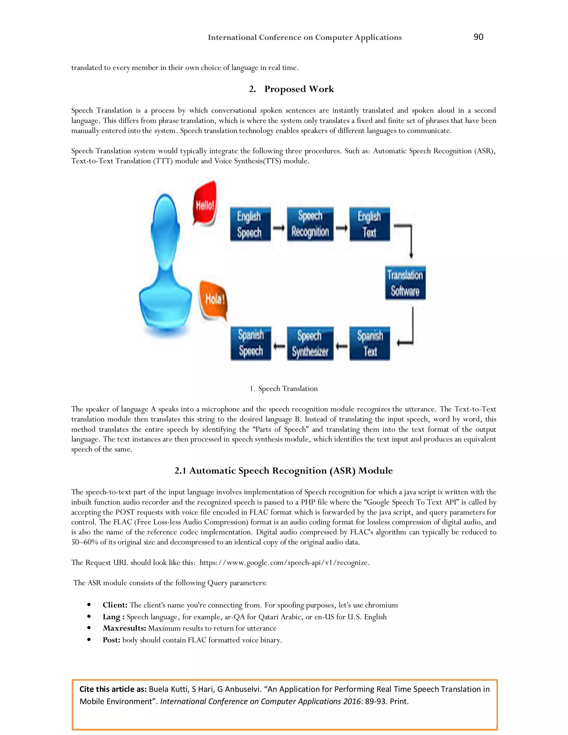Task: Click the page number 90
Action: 478,37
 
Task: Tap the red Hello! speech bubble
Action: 205,203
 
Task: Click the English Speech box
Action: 250,224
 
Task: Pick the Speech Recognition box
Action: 310,224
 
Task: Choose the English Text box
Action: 369,224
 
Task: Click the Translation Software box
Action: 405,283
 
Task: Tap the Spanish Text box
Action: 369,344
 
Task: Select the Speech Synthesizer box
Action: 310,344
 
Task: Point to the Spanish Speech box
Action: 251,344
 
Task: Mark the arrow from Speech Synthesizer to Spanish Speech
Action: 279,346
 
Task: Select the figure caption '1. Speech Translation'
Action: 284,389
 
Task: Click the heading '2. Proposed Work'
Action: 291,89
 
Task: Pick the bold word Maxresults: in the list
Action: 124,628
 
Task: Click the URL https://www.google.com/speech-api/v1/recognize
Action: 284,563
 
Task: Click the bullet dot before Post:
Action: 89,640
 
